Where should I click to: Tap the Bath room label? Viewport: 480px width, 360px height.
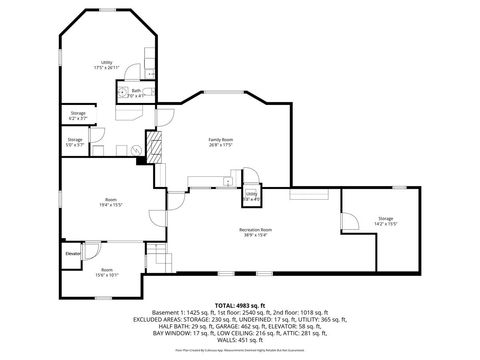pos(137,93)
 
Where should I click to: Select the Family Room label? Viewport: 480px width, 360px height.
pos(220,141)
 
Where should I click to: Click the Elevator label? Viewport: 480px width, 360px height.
pos(73,254)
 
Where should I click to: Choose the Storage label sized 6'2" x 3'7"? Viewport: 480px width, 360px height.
pos(78,116)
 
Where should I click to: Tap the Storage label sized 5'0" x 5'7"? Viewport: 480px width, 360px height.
pos(75,141)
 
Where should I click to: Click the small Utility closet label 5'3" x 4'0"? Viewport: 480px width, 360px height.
pos(252,197)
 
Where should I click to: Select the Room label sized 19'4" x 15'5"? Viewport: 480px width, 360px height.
pos(110,204)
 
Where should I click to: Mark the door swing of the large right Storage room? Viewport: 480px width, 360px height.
pos(350,222)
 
